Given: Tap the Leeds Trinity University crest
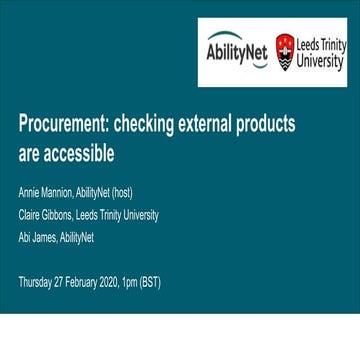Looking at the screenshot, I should [x=285, y=49].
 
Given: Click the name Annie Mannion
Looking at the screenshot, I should [x=46, y=192].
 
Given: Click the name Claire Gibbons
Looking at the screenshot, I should [x=46, y=215].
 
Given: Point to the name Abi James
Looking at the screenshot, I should [x=37, y=237].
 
